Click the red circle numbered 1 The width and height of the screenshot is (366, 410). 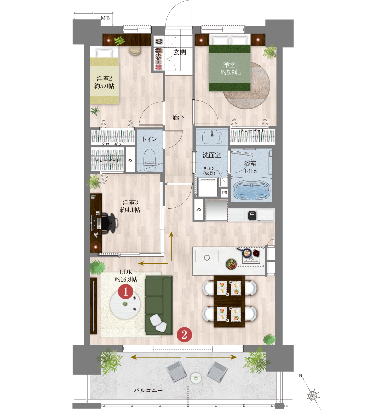(x=125, y=291)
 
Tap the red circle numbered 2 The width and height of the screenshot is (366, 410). (x=184, y=334)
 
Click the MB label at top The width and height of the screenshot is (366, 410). (x=105, y=18)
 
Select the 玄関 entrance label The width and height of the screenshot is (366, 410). (x=180, y=52)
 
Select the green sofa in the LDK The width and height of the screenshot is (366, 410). (x=159, y=305)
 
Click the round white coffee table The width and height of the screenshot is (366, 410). (x=125, y=305)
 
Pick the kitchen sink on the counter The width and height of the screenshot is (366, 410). (x=207, y=256)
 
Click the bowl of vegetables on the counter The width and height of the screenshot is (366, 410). (x=231, y=264)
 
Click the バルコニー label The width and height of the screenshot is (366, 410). (x=148, y=390)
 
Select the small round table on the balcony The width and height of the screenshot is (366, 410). (x=196, y=378)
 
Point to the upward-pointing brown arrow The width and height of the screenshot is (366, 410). (x=171, y=246)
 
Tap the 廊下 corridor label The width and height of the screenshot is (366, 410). (x=179, y=117)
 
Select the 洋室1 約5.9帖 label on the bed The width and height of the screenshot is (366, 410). (x=231, y=69)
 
